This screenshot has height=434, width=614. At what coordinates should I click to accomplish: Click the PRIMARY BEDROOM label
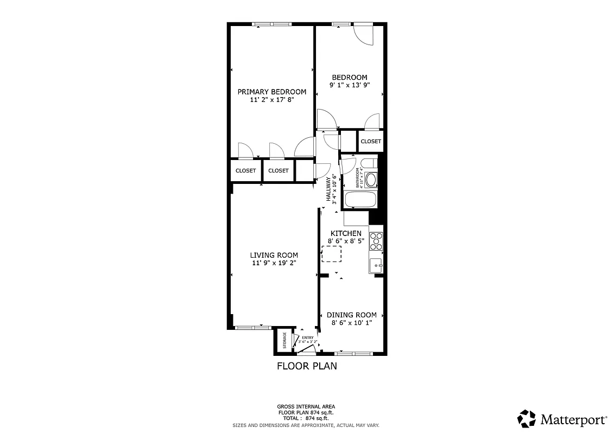click(271, 92)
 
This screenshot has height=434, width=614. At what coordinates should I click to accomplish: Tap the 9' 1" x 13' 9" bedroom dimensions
click(350, 85)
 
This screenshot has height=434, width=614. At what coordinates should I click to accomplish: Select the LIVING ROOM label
click(274, 255)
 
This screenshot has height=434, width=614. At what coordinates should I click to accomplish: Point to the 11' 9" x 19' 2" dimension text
click(274, 263)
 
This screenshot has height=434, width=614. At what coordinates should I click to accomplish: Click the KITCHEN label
click(346, 233)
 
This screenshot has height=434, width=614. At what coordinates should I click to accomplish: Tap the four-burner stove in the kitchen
click(376, 240)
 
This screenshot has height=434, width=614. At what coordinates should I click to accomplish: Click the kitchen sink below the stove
click(376, 266)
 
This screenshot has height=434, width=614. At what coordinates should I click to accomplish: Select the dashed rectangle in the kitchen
click(332, 254)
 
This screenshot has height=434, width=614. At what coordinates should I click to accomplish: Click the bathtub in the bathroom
click(360, 199)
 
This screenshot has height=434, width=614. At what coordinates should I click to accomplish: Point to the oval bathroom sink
click(371, 180)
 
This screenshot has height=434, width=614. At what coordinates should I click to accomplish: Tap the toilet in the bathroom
click(369, 163)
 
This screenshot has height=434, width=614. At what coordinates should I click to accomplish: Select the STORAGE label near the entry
click(284, 341)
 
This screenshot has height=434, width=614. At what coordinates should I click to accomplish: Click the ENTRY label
click(308, 338)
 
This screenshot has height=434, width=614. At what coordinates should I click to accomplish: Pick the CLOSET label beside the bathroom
click(371, 141)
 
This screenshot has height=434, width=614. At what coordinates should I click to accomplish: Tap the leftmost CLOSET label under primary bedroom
click(245, 170)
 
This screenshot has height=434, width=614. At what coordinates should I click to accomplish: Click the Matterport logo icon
click(527, 419)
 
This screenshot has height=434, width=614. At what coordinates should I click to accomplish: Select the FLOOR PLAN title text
click(307, 366)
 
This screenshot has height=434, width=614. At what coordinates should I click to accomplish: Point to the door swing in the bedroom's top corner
click(363, 34)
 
